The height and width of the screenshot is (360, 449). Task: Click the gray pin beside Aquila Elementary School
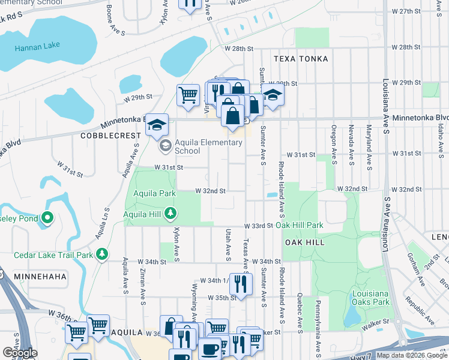164,145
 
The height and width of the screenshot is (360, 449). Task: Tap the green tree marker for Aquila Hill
171,214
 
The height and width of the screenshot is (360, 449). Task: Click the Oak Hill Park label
300,226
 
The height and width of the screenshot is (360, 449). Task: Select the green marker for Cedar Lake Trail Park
102,254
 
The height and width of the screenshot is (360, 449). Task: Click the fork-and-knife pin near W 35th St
241,283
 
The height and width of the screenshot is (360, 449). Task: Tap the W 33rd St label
259,226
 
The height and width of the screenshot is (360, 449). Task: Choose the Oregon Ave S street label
333,138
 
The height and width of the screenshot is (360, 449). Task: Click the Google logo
20,353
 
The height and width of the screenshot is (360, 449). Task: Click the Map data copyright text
412,355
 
